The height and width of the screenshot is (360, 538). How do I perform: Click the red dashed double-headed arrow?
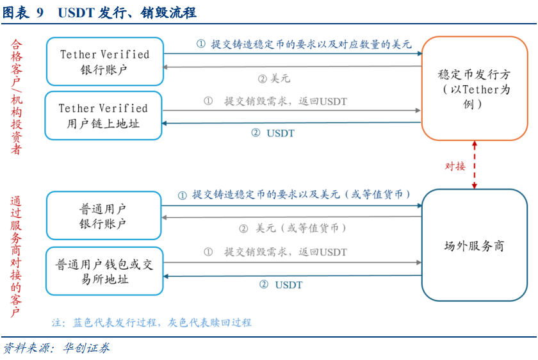click(x=475, y=165)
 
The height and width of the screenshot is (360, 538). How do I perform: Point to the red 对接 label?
click(x=455, y=167)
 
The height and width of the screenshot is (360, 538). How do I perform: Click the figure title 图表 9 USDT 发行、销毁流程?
click(x=99, y=13)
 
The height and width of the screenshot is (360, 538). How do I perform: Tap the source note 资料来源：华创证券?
click(x=56, y=348)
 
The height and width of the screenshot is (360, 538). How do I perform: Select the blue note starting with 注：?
click(x=152, y=323)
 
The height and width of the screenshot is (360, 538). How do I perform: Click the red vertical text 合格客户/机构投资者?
click(x=16, y=97)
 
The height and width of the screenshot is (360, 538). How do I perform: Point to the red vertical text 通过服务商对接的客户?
click(x=16, y=257)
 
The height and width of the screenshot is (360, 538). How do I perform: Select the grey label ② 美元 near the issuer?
click(x=274, y=79)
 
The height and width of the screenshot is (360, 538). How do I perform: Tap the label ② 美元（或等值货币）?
click(x=293, y=228)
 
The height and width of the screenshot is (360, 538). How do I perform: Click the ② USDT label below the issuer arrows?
click(x=273, y=133)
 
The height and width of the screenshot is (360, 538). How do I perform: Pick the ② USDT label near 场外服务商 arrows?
click(x=281, y=285)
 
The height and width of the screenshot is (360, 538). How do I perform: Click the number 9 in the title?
click(x=40, y=13)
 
